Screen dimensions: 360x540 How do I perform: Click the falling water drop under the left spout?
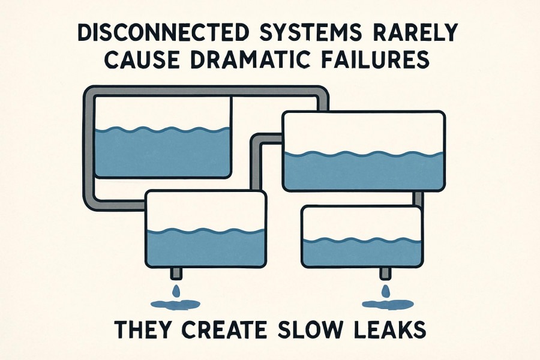(176, 291)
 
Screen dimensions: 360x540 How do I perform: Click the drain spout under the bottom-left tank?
(176, 274)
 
